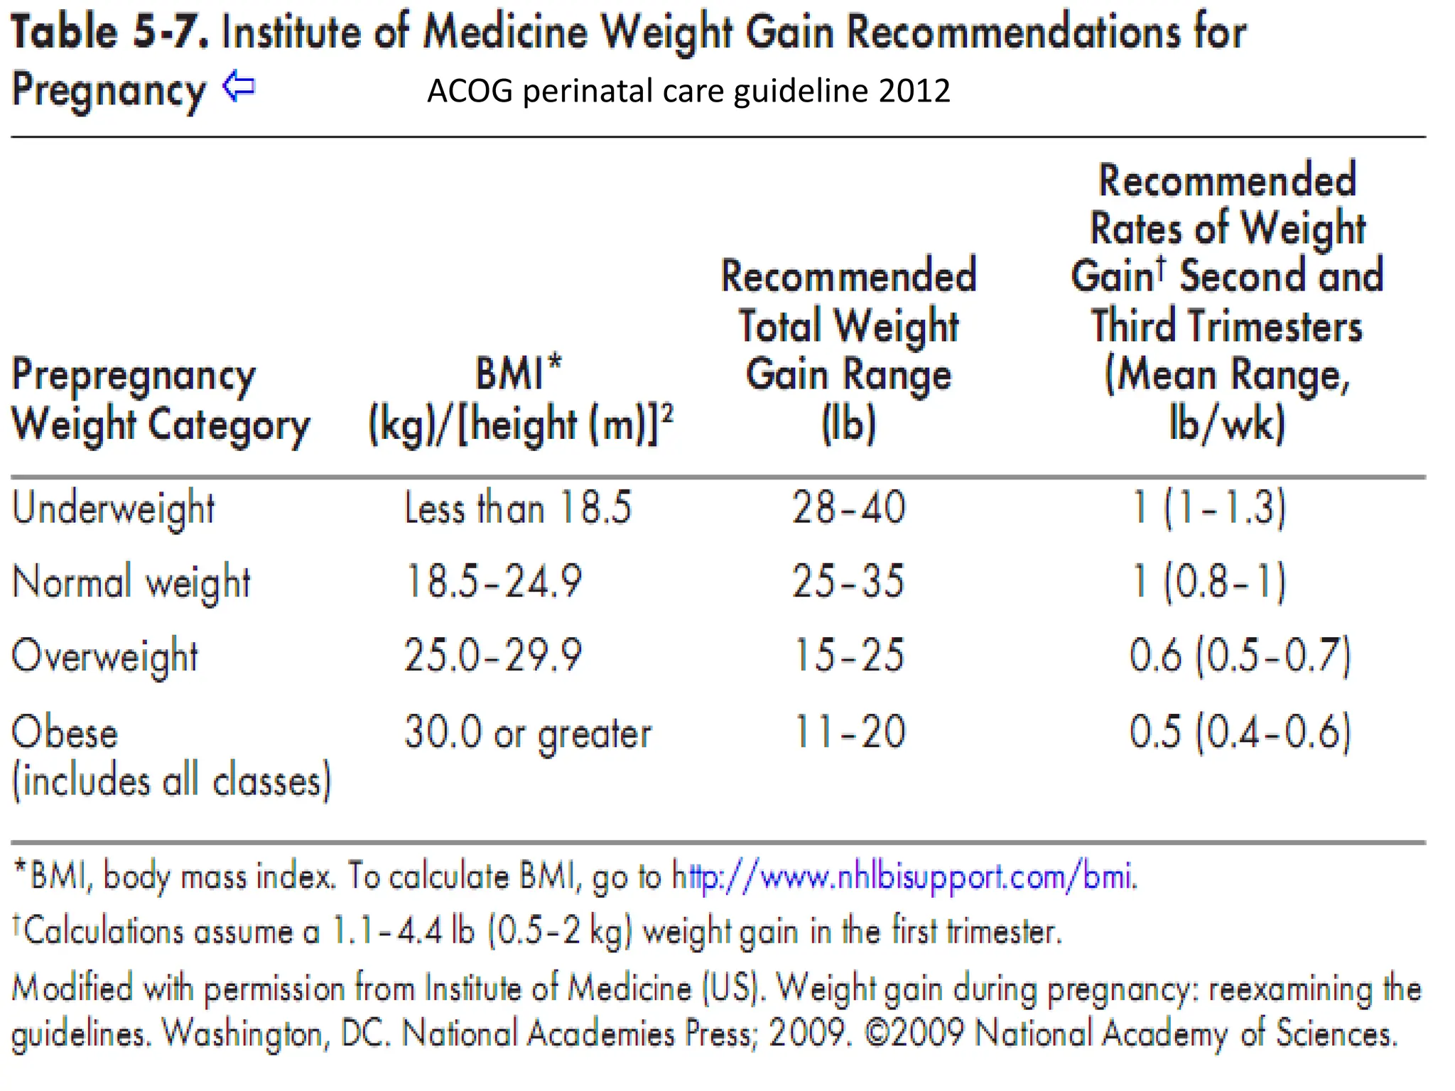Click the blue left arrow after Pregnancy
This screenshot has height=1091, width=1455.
[239, 87]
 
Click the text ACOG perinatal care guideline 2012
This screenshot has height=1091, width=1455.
[688, 91]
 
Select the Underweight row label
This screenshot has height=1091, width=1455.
[113, 509]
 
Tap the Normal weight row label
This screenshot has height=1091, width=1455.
[131, 582]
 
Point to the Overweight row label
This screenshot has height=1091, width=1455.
[104, 656]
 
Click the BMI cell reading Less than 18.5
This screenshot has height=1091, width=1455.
[517, 509]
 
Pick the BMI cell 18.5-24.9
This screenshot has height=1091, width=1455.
[493, 582]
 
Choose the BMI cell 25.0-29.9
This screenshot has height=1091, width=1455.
[493, 655]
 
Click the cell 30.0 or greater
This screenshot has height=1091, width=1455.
[527, 733]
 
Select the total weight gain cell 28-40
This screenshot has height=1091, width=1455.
[848, 509]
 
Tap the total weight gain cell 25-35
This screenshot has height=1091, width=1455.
[848, 582]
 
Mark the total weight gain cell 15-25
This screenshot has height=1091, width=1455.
[848, 655]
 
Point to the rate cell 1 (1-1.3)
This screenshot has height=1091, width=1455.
[1209, 509]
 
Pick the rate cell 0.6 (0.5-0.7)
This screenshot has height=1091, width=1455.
[1240, 655]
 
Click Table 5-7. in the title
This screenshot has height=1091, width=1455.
[109, 33]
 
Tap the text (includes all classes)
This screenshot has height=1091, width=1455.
[171, 782]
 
